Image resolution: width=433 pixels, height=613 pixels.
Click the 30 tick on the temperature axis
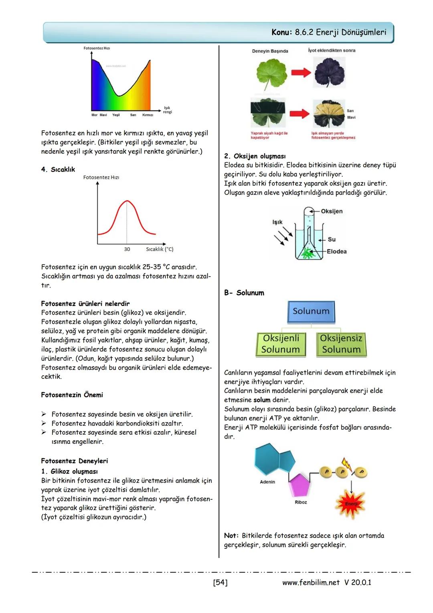[x=127, y=249]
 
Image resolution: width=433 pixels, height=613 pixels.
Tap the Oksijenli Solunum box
[x=281, y=344]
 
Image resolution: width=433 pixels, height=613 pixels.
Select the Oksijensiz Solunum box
[x=341, y=344]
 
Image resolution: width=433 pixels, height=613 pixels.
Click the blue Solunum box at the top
[x=311, y=312]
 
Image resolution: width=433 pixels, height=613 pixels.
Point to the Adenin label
[x=267, y=482]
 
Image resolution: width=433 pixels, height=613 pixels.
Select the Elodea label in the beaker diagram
[x=337, y=252]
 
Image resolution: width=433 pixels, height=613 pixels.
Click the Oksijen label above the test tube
[x=332, y=211]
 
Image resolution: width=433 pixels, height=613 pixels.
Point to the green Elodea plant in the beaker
[x=309, y=253]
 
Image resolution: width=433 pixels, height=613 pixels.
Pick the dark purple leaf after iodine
[x=330, y=73]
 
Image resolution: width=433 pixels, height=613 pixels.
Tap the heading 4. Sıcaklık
[x=58, y=169]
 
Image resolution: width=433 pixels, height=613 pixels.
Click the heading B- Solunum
[x=244, y=293]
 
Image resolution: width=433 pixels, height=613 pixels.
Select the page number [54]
[x=220, y=582]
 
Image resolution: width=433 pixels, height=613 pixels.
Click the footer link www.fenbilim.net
[x=311, y=582]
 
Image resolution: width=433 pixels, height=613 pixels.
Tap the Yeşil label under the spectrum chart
[x=116, y=115]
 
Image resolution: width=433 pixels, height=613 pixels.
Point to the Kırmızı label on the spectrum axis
[x=148, y=115]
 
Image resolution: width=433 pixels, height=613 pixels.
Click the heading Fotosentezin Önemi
[x=72, y=395]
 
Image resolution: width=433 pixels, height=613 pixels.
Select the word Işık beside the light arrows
[x=277, y=222]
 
